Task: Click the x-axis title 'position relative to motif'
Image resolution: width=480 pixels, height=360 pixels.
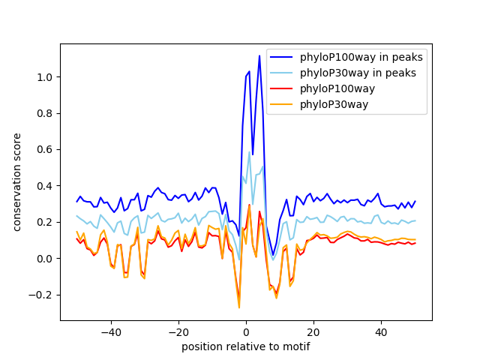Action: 245,346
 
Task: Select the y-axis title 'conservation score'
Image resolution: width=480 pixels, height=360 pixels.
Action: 16,182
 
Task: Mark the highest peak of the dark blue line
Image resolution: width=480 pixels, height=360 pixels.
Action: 259,55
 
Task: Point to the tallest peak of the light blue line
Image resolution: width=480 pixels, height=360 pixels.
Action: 249,152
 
